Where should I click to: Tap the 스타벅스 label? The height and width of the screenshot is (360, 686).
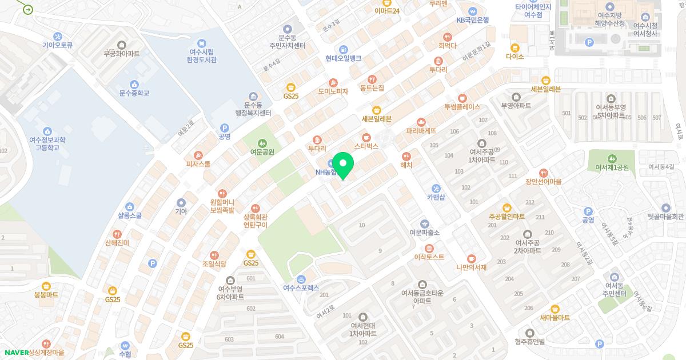[x=366, y=147]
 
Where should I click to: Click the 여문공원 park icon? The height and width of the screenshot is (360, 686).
[x=262, y=142]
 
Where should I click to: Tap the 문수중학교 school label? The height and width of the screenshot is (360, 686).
[x=134, y=93]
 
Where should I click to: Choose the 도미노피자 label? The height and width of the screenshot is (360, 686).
[x=333, y=91]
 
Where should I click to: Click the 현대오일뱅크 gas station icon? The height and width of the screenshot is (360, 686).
[x=343, y=49]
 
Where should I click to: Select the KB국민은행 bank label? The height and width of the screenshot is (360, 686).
[x=472, y=20]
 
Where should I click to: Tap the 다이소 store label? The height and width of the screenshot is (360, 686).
[x=514, y=57]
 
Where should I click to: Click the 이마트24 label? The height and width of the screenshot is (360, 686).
[x=387, y=11]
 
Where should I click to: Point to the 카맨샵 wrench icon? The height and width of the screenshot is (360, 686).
[x=436, y=189]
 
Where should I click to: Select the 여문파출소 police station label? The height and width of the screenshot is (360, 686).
[x=424, y=233]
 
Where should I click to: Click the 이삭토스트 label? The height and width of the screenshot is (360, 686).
[x=429, y=257]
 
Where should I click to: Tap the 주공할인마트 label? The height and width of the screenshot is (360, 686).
[x=506, y=217]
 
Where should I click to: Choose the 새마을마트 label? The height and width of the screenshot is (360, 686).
[x=555, y=318]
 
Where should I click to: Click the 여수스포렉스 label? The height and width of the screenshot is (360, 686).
[x=301, y=288]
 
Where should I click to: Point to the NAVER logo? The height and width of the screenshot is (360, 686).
[x=16, y=353]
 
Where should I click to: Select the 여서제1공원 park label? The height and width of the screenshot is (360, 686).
[x=612, y=167]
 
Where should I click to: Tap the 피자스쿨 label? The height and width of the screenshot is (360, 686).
[x=198, y=164]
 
